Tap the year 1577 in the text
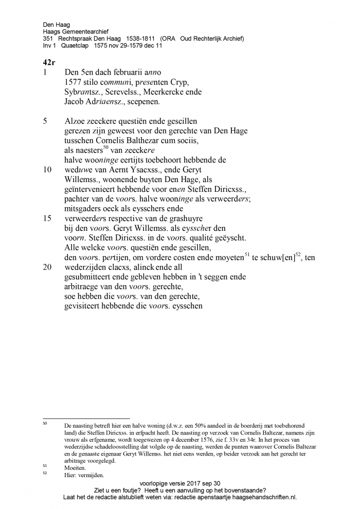coord(75,82)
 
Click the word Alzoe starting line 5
coord(75,121)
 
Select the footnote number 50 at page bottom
coord(45,424)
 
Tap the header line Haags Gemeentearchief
coord(76,31)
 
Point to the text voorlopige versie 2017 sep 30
coord(179,483)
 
